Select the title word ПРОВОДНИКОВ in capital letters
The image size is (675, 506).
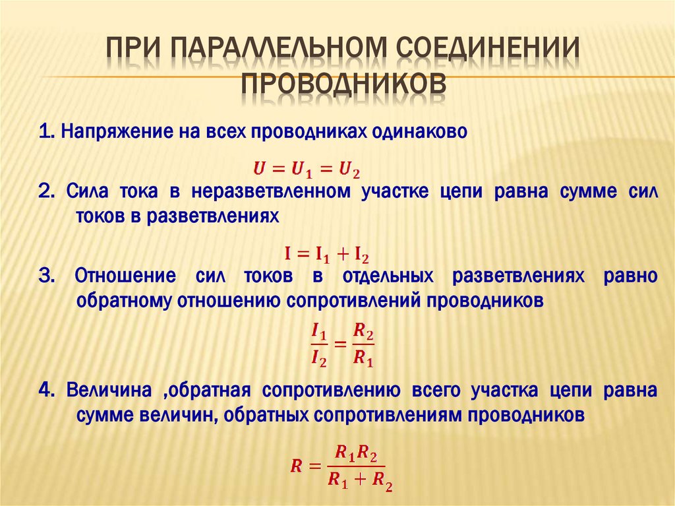[x=342, y=86]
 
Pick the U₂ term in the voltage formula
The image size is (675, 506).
[x=349, y=170]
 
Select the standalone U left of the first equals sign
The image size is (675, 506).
[x=260, y=169]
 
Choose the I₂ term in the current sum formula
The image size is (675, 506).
[x=361, y=253]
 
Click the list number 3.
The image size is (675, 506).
[x=46, y=276]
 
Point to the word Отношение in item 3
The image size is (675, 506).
[x=125, y=276]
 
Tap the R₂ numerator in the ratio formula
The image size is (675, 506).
[x=363, y=332]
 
